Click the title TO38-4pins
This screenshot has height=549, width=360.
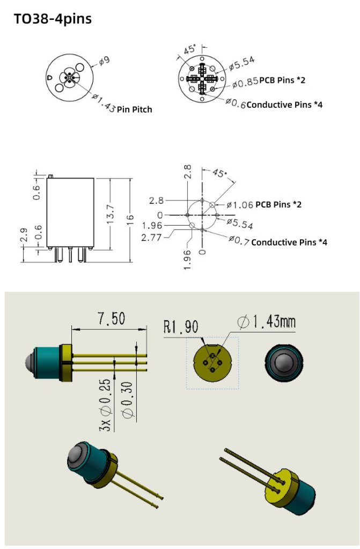tap(53, 19)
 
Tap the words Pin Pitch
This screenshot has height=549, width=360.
tap(135, 109)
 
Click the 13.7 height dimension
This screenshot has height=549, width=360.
tap(111, 214)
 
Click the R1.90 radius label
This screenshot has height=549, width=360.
tap(181, 327)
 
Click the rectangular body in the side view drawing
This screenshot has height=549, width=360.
tap(71, 212)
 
